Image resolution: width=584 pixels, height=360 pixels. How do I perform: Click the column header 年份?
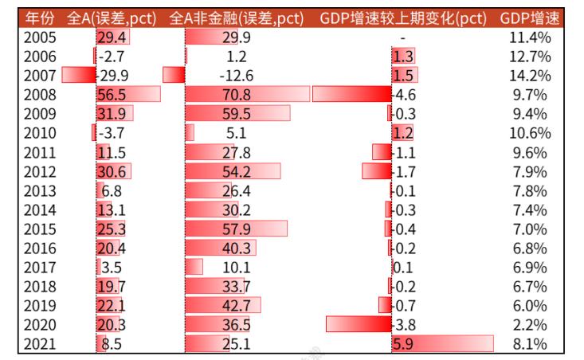(39, 18)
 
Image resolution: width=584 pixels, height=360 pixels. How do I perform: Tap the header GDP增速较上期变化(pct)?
(403, 18)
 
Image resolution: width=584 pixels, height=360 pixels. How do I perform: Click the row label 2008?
(39, 95)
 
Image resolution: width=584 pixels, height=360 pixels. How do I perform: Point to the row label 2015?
(39, 229)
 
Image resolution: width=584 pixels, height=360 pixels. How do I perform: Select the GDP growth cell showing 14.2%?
(530, 76)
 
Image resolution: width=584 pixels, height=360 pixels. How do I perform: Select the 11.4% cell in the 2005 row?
(530, 37)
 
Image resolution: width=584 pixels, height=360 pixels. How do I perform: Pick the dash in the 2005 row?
(403, 37)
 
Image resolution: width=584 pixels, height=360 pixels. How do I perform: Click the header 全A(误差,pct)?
(112, 18)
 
